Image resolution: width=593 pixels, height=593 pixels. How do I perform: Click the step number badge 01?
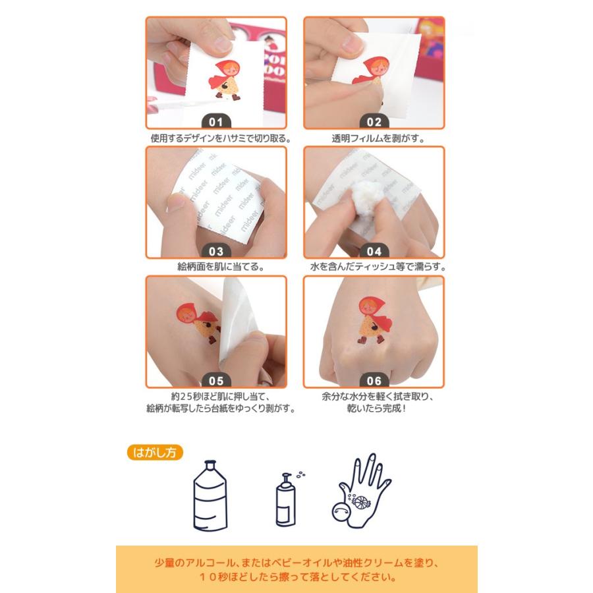click(216, 121)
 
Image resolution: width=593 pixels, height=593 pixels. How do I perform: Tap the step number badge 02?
click(374, 121)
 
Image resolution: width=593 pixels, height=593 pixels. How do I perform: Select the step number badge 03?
click(216, 251)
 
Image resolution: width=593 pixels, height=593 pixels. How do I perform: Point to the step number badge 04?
click(374, 251)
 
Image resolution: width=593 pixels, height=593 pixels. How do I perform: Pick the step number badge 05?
click(216, 380)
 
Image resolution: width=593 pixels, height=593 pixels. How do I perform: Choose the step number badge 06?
click(374, 380)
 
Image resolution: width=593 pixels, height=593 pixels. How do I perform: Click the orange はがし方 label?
click(155, 452)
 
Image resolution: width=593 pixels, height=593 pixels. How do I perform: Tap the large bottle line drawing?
click(210, 495)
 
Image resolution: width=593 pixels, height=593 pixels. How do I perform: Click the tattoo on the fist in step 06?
click(374, 320)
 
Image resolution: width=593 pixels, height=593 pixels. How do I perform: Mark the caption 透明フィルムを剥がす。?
click(378, 138)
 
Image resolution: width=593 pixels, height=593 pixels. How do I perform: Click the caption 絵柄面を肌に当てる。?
click(221, 267)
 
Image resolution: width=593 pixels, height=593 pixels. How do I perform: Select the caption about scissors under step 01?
click(221, 138)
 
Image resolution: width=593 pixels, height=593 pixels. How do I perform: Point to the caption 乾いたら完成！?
click(377, 409)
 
